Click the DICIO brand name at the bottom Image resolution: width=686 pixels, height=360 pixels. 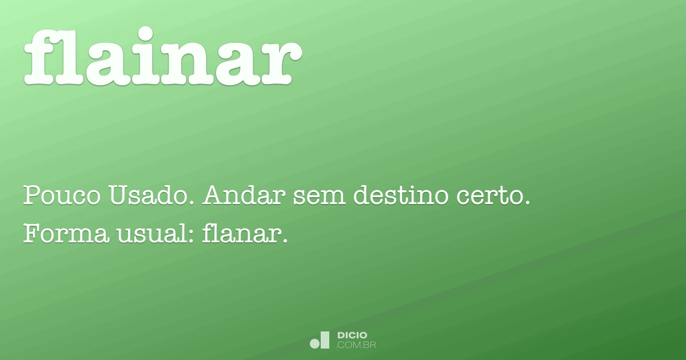[x=352, y=335]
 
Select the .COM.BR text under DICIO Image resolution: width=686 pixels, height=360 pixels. [x=356, y=345]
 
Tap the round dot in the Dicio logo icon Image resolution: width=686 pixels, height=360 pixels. [x=314, y=343]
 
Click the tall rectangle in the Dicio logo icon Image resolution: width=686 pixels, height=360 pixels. [x=325, y=339]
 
